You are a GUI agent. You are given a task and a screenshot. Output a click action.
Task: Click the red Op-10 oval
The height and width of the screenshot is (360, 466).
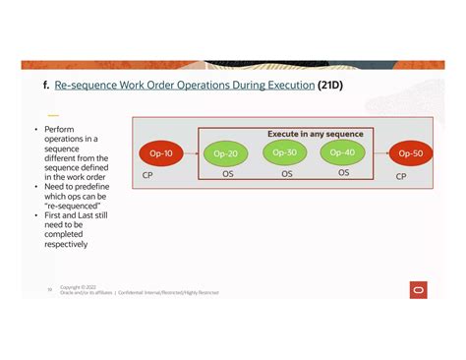pos(160,154)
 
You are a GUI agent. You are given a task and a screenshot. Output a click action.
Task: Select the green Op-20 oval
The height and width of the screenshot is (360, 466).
pos(226,154)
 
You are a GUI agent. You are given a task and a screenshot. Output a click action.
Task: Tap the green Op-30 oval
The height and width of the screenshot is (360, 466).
pos(284,152)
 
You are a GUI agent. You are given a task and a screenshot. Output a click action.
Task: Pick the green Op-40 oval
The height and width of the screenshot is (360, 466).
pos(342,152)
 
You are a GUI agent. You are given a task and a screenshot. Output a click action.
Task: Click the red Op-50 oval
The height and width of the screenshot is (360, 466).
pos(410,154)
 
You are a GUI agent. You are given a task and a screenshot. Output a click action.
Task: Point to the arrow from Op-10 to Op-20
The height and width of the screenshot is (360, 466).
pos(192,154)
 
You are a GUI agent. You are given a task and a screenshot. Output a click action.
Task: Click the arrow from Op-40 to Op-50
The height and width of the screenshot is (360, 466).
pos(377,153)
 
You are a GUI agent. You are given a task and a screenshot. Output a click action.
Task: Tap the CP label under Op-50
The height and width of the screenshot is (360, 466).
pos(401,176)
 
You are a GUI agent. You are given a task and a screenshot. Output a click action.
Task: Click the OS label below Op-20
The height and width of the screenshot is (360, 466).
pos(227,174)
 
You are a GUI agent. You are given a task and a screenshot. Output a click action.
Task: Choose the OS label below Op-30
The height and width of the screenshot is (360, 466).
pos(287,174)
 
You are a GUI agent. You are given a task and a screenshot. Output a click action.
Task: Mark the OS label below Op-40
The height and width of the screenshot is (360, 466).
pos(343,173)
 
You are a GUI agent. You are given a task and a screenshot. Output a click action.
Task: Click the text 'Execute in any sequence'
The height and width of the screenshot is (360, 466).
pos(315,133)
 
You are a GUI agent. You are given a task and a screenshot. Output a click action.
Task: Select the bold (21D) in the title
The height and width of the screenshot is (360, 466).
pos(330,86)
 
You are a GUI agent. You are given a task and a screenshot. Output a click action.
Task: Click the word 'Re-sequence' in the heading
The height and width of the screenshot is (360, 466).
pos(87,86)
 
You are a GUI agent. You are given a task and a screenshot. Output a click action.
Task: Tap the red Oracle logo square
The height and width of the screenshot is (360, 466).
pos(419,288)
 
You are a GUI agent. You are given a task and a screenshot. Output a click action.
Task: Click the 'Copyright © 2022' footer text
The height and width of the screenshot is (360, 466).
pos(78,286)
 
